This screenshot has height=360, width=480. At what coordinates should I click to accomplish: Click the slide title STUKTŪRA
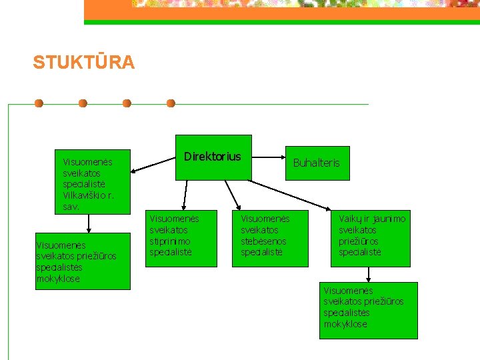pos(83,63)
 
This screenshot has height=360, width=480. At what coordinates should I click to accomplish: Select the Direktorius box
pos(213,157)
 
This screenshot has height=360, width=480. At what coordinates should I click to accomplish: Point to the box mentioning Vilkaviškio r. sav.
pos(92,181)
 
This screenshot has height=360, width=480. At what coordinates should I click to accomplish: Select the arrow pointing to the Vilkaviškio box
pos(153,166)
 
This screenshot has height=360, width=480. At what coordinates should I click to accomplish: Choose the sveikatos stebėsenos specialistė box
pos(270,238)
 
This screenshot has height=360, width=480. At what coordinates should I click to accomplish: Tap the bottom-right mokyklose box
pos(368,310)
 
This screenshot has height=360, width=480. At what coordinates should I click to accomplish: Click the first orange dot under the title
pos(39,103)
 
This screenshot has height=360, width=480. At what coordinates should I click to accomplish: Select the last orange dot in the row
pos(171,103)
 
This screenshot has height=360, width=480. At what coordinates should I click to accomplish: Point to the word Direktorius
pos(212,157)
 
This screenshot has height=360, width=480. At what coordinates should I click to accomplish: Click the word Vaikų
pos(351,219)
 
